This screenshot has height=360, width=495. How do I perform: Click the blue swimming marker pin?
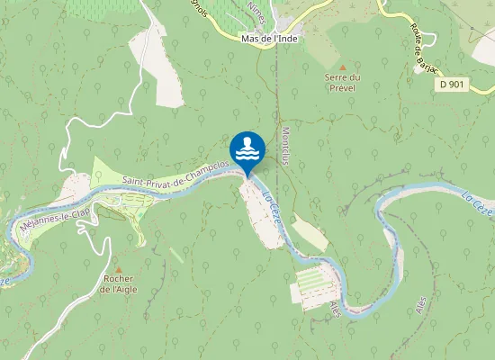click(247, 149)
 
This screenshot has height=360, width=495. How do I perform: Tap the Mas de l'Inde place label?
click(270, 39)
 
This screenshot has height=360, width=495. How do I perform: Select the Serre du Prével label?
click(342, 83)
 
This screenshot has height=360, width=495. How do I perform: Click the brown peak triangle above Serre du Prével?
click(342, 67)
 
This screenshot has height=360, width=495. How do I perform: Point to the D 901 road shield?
click(455, 84)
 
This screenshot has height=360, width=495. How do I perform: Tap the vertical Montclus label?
click(284, 145)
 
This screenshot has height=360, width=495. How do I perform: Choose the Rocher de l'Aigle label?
click(119, 283)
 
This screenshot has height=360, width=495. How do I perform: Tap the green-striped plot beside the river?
click(315, 286)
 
